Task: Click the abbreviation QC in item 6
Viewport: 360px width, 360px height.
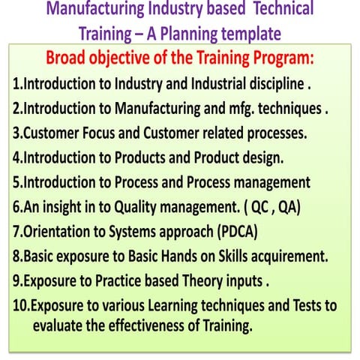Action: [262, 207]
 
